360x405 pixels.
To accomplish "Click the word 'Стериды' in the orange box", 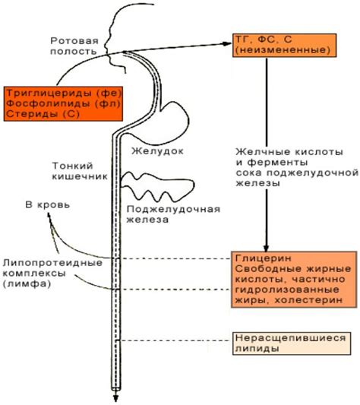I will [x=26, y=114].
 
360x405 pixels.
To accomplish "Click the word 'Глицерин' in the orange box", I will [x=261, y=258].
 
